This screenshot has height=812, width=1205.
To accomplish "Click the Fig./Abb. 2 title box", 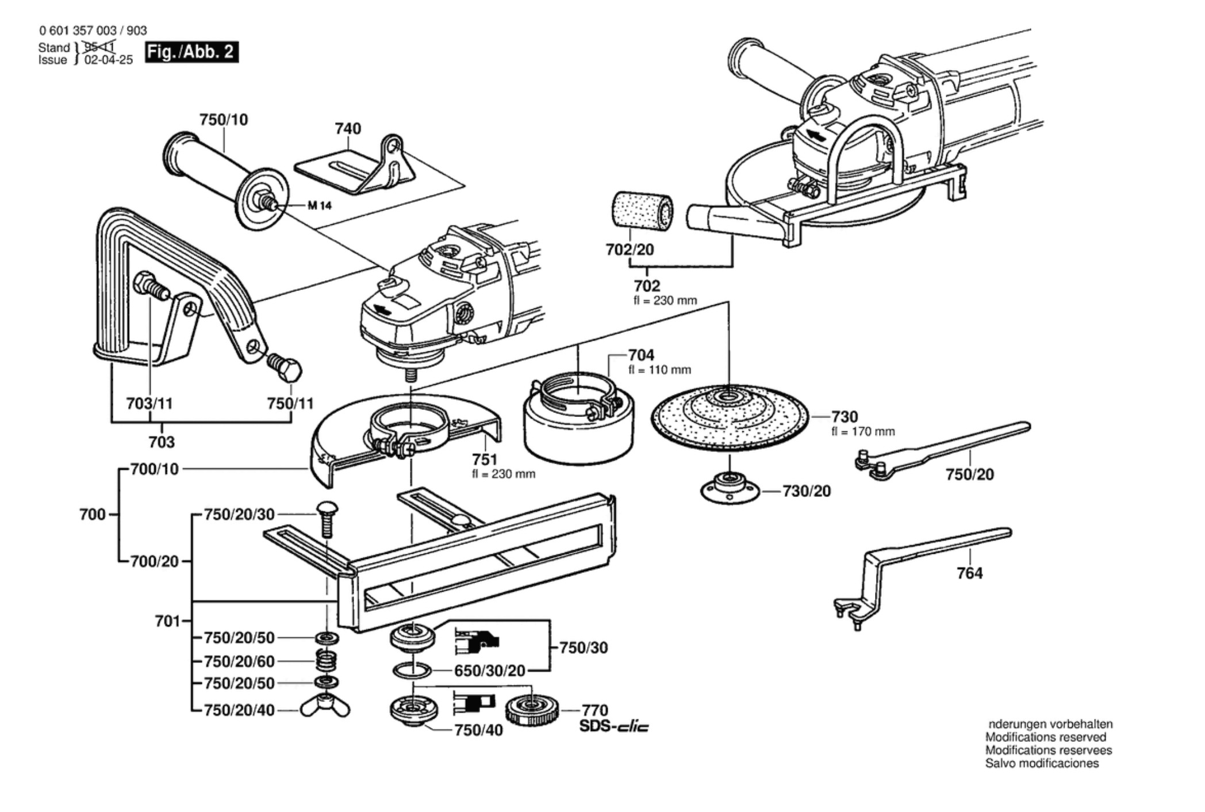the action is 191,52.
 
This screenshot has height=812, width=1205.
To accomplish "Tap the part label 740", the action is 348,128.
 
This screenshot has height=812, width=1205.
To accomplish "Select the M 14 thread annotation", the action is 320,205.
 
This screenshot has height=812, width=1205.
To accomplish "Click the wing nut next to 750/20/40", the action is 325,710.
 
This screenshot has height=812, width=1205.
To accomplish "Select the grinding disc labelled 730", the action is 730,418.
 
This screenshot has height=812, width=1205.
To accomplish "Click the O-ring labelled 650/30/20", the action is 412,671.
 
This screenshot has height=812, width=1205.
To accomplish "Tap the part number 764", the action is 969,573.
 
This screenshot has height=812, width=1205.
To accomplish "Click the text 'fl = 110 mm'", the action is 659,370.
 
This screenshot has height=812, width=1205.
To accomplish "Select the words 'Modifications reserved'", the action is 1046,737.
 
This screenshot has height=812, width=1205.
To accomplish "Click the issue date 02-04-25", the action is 109,60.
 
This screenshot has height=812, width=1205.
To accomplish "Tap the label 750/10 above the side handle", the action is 224,120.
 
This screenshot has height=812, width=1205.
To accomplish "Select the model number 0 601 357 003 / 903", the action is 93,30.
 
